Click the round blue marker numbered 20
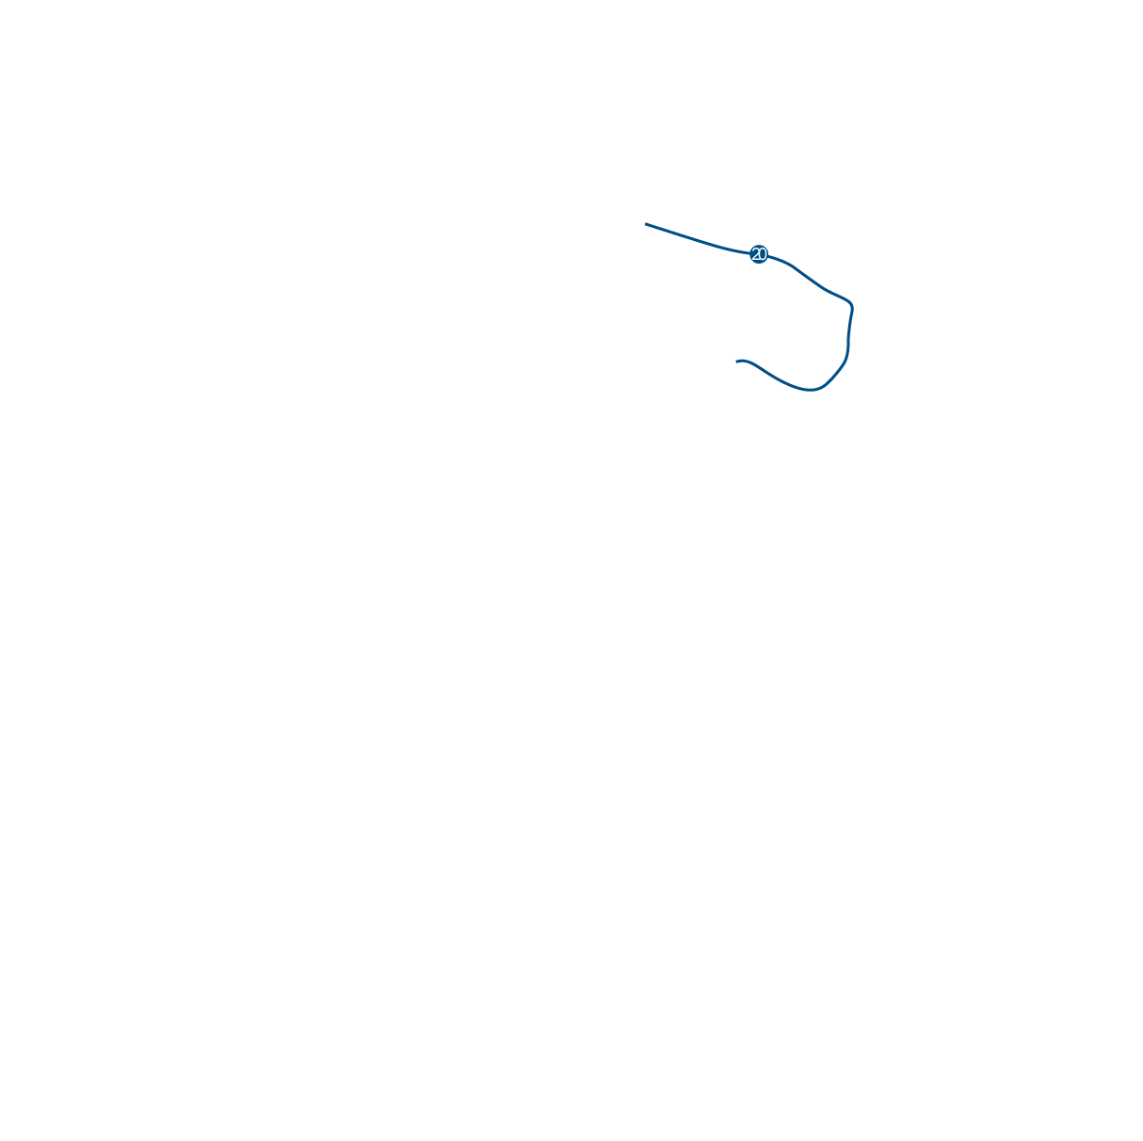(759, 254)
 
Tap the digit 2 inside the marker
(755, 254)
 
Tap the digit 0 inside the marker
(763, 254)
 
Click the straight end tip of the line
(645, 224)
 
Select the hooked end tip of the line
(736, 362)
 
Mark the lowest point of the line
(811, 391)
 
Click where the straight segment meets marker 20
(750, 253)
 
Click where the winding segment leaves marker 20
(767, 256)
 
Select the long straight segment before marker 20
(698, 240)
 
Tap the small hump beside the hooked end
(745, 361)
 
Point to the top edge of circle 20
(759, 246)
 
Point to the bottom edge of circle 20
(759, 263)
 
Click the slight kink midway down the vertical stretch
(848, 338)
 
